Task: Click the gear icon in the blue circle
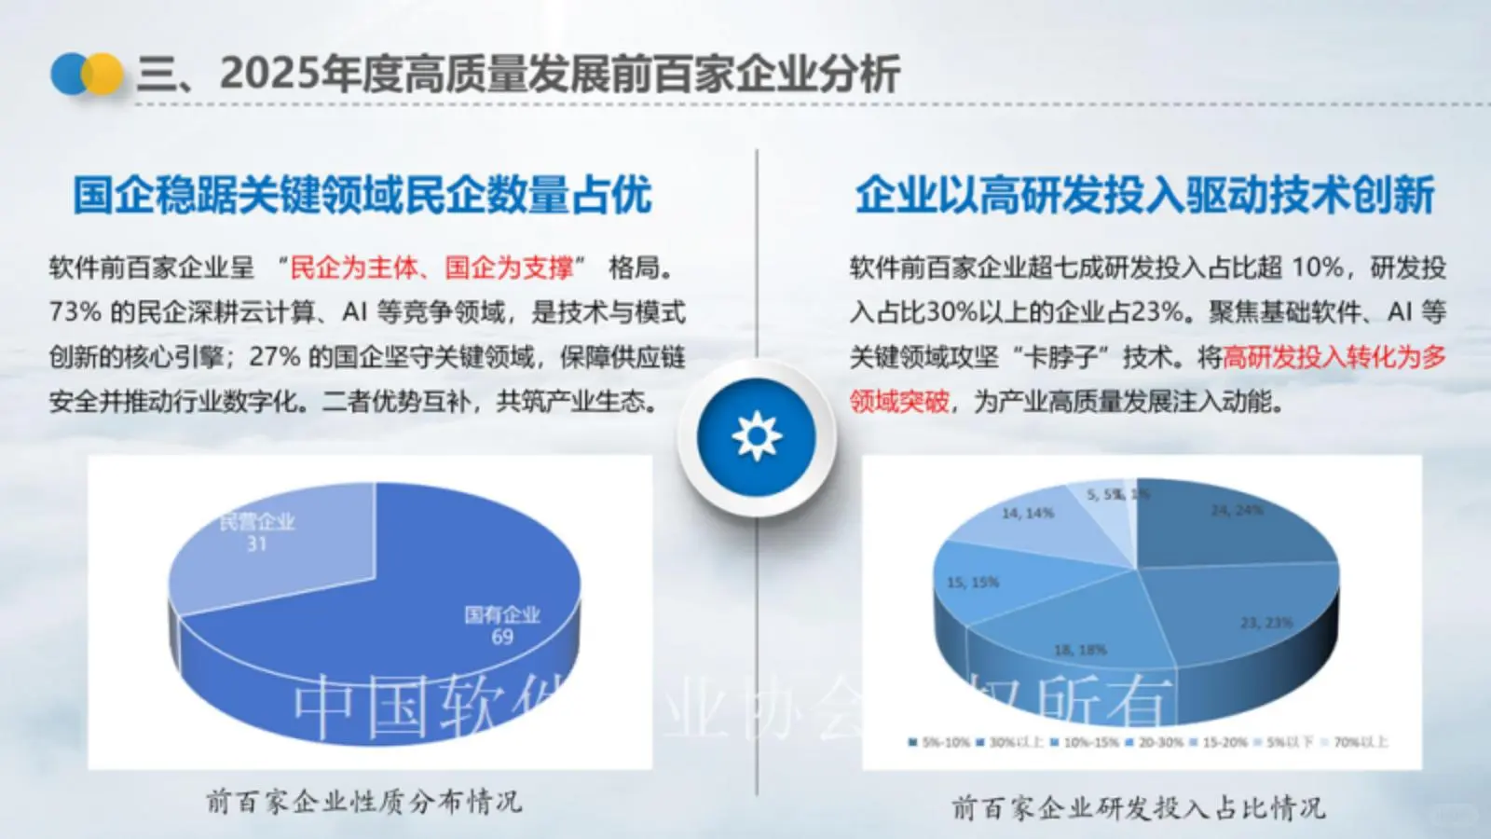tap(756, 436)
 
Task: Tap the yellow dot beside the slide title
tap(103, 74)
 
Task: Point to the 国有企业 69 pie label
tap(502, 626)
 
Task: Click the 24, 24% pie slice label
tap(1237, 510)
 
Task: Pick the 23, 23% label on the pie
tap(1265, 623)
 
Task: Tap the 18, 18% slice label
tap(1080, 650)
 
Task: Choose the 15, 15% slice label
tap(972, 583)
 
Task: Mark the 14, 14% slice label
tap(1027, 514)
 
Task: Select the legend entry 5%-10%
tap(943, 743)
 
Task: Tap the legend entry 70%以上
tap(1360, 743)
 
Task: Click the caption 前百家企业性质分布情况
tap(363, 802)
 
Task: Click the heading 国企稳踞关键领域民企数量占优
tap(362, 196)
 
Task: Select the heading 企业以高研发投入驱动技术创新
tap(1144, 196)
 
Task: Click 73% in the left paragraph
tap(75, 311)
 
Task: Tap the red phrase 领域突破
tap(899, 402)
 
